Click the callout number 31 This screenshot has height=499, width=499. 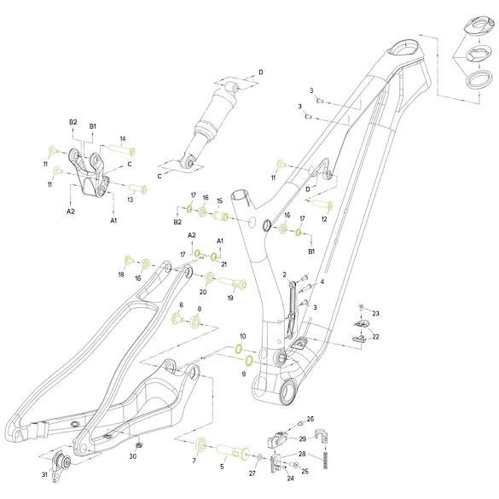coord(44,474)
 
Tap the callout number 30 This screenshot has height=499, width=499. coord(133,456)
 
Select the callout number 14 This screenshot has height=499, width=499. coord(123,139)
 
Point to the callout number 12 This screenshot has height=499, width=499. coord(324,219)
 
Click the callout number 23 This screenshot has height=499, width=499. coord(375,313)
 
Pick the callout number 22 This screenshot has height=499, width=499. coord(375,337)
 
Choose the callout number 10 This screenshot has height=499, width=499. coord(243,336)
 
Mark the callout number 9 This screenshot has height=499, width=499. coord(244,374)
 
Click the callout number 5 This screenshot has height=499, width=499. coord(222,467)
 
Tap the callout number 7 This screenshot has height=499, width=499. coord(194,461)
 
